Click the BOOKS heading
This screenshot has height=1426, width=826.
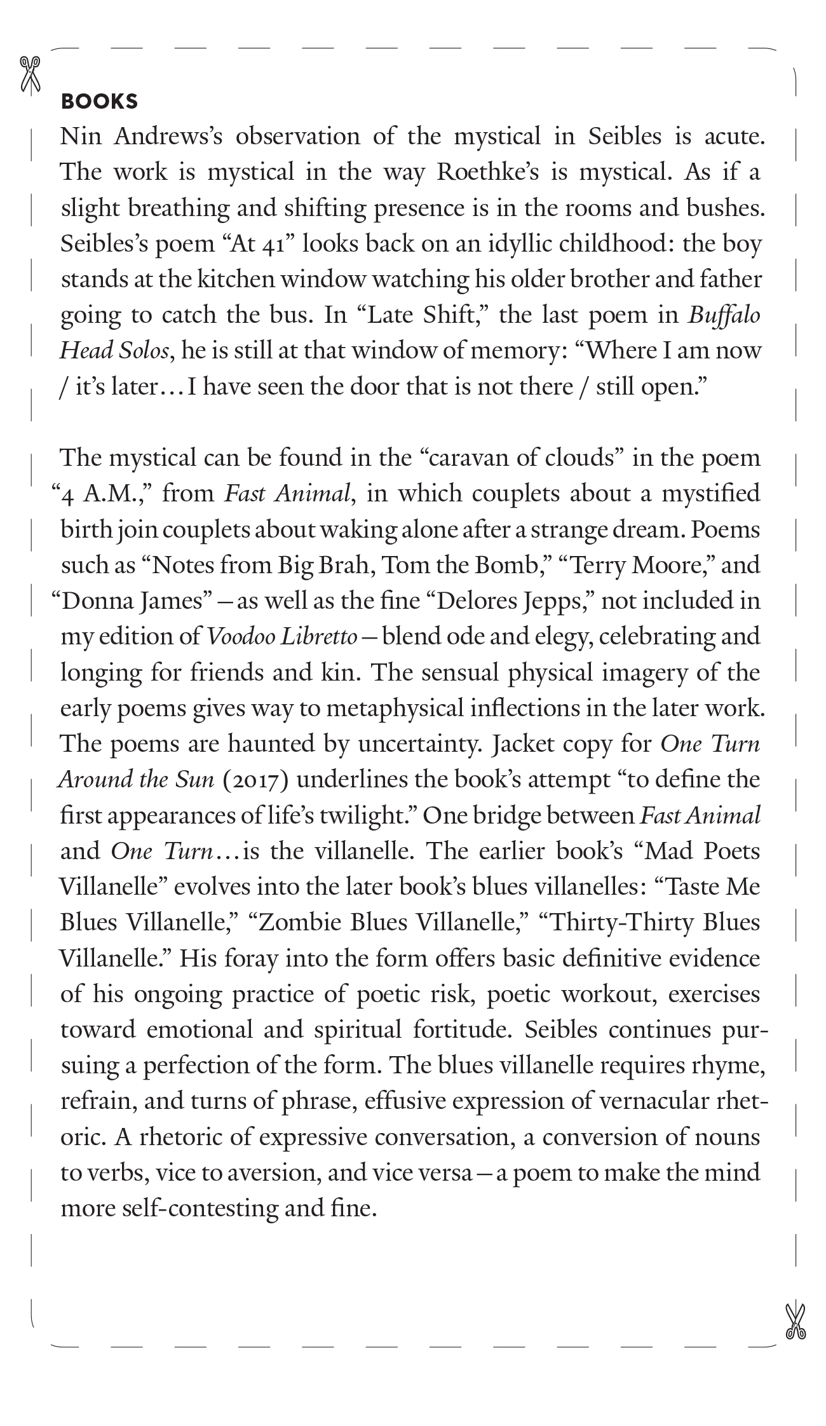pos(99,102)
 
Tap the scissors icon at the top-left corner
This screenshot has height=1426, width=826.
pos(30,74)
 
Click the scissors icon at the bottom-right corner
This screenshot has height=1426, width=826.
pos(795,1322)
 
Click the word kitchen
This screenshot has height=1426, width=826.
pos(236,280)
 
